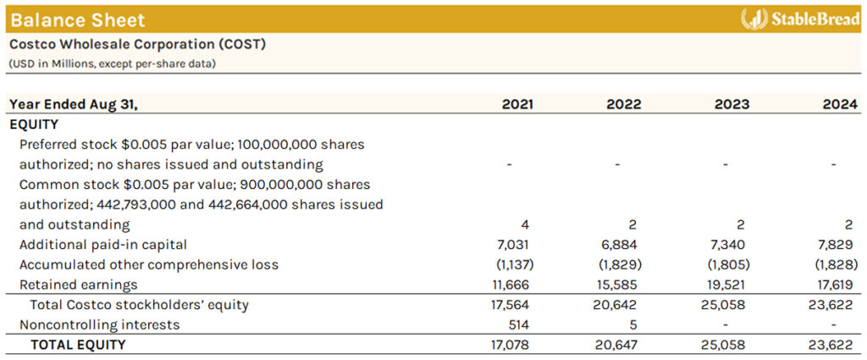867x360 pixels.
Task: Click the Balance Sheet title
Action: pos(78,19)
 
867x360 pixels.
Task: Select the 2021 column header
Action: pos(518,104)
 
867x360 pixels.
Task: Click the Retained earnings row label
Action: pos(78,285)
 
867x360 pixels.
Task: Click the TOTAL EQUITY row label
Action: pos(78,345)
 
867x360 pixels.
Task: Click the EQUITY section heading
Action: pos(34,124)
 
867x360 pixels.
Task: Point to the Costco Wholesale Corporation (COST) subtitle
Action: pos(137,44)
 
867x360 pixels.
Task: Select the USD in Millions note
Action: pos(112,64)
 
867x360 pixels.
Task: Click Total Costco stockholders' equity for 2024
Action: pos(837,305)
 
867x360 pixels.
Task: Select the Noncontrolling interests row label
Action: pos(99,324)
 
